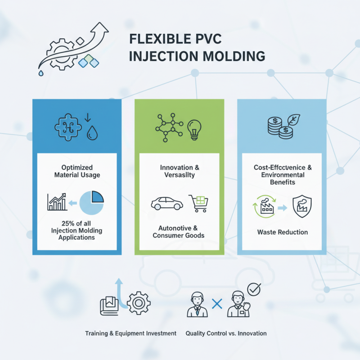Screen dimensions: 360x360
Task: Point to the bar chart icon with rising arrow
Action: [x=57, y=202]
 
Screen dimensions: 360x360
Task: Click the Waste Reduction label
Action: [x=282, y=232]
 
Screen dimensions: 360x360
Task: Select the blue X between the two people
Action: [x=217, y=304]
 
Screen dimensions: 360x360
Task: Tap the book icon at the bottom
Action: [x=108, y=306]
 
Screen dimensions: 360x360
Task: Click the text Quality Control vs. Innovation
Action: [x=226, y=333]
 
